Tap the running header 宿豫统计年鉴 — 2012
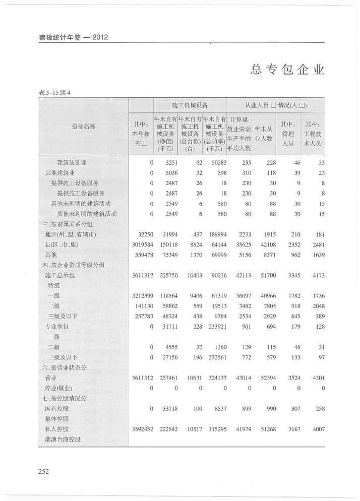[x=74, y=37]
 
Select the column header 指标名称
[x=83, y=126]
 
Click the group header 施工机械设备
[x=190, y=105]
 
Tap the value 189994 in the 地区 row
[x=212, y=234]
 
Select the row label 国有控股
[x=57, y=408]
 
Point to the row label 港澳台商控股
[x=63, y=439]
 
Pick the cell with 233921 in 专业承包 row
[x=212, y=327]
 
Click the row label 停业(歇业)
[x=59, y=388]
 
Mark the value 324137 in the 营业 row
[x=212, y=378]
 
